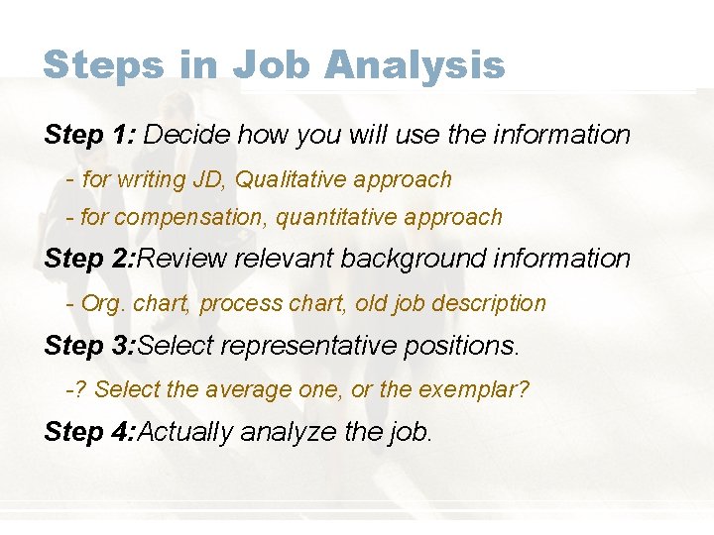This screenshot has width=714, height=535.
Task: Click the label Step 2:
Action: (89, 259)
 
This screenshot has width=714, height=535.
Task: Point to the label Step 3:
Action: (89, 346)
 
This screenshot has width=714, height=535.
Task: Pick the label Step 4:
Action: (89, 432)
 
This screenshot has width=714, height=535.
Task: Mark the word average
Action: (250, 389)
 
